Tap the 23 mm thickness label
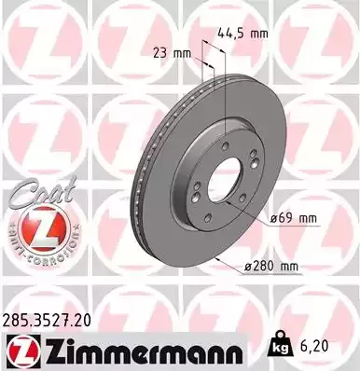[x=168, y=53]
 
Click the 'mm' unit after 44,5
[x=259, y=33]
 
